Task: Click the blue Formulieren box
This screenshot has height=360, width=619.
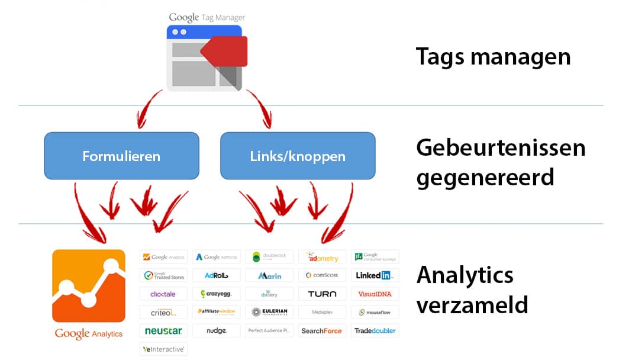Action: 121,156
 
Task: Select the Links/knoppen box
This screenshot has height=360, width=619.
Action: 298,156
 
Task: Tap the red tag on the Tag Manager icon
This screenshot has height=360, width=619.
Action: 224,52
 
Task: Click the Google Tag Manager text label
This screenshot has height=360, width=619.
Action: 207,17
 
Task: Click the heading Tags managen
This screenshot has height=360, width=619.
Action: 493,57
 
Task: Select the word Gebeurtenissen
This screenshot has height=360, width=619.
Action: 501,147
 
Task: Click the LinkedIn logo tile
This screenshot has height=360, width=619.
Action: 375,275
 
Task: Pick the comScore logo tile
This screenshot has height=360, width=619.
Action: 322,275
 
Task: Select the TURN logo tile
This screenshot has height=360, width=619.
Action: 322,294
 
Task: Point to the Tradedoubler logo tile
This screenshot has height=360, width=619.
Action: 375,330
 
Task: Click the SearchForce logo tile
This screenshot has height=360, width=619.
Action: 322,330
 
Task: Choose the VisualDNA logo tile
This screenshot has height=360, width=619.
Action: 375,294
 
